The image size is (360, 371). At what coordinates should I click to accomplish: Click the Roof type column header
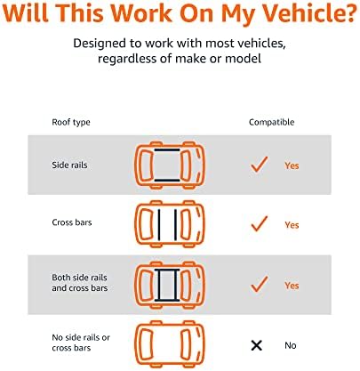coord(71,123)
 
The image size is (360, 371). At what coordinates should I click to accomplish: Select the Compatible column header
coord(271,122)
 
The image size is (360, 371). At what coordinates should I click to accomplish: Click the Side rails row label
coord(69,165)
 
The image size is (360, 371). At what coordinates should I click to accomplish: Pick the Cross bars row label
coord(72,222)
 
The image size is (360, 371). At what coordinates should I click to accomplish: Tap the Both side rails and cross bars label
coord(80,283)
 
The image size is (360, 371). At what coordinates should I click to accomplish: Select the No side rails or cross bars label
coord(81,343)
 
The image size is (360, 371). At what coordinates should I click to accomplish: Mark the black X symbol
coord(257,345)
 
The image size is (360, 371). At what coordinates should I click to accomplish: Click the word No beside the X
coord(291,345)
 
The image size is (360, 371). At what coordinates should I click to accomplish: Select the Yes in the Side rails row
coord(292,165)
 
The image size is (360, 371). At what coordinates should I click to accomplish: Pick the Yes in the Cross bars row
coord(292,225)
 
